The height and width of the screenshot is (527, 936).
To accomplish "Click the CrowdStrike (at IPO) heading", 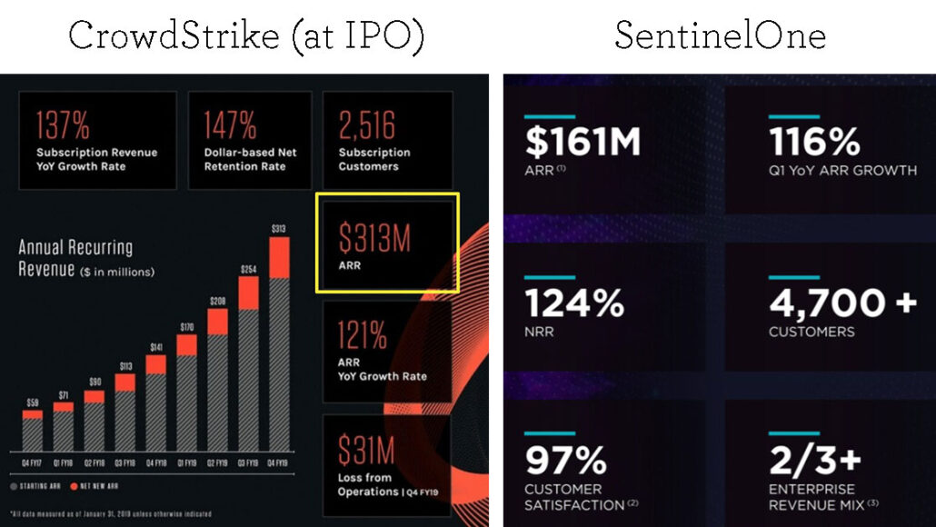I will pyautogui.click(x=246, y=36).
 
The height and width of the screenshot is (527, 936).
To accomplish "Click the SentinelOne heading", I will pyautogui.click(x=720, y=36).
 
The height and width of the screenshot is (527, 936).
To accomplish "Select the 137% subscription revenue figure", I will pyautogui.click(x=62, y=125).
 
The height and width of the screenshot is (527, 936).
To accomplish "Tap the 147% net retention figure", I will pyautogui.click(x=230, y=125).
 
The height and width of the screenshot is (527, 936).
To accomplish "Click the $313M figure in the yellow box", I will pyautogui.click(x=374, y=238).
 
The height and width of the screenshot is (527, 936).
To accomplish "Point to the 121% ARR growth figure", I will pyautogui.click(x=363, y=336).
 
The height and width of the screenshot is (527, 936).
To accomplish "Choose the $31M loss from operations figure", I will pyautogui.click(x=367, y=450).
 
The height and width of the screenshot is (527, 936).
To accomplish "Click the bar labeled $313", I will pyautogui.click(x=279, y=345).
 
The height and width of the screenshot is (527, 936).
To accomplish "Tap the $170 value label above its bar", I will pyautogui.click(x=186, y=326).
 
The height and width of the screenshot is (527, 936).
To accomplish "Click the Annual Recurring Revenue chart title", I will pyautogui.click(x=76, y=257).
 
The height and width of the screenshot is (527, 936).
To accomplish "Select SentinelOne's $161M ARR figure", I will pyautogui.click(x=583, y=144).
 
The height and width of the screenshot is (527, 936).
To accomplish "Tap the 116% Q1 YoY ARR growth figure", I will pyautogui.click(x=814, y=144).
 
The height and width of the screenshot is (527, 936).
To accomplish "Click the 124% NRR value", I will pyautogui.click(x=573, y=303).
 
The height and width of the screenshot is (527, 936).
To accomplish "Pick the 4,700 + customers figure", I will pyautogui.click(x=842, y=303).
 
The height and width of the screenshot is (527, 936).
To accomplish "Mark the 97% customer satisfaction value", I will pyautogui.click(x=565, y=462).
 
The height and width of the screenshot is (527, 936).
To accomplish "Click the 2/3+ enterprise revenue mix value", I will pyautogui.click(x=814, y=462).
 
